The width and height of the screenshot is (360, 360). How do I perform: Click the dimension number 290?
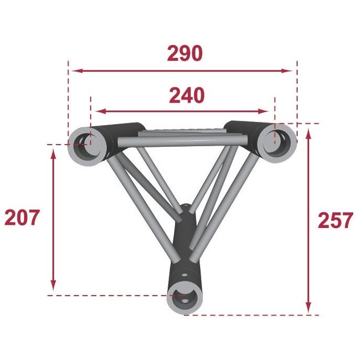point(184,54)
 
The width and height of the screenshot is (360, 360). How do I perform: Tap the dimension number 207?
point(22,218)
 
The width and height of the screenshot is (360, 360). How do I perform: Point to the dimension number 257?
point(335,220)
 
